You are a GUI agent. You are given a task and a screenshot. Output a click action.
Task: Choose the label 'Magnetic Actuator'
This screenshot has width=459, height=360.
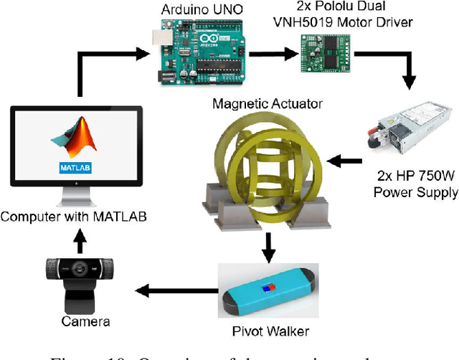(x=267, y=104)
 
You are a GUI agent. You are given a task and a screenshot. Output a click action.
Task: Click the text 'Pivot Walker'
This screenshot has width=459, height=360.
(x=270, y=331)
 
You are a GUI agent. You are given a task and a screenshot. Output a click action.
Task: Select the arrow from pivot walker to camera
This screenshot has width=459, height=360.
(x=173, y=290)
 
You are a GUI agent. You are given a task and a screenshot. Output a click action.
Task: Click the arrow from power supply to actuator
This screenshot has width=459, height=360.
(x=350, y=158)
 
